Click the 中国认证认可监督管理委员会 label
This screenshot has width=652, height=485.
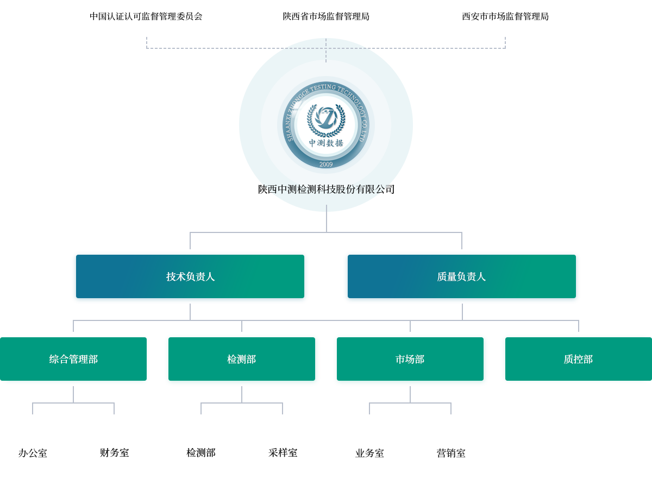[x=146, y=16]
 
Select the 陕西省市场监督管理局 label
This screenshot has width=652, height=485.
[x=326, y=16]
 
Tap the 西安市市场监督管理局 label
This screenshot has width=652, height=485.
[x=505, y=16]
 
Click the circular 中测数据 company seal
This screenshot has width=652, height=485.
[x=326, y=125]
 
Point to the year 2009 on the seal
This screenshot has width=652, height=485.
[x=326, y=164]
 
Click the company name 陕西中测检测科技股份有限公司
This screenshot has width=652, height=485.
[x=326, y=189]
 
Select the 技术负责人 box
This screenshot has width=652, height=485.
[x=190, y=277]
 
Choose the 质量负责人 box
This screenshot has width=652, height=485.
[x=462, y=277]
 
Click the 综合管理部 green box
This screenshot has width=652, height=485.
[x=74, y=360]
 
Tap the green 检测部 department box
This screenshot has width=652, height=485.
[x=242, y=360]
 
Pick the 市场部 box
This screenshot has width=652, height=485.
[x=410, y=360]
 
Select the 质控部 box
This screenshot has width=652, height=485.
[x=578, y=359]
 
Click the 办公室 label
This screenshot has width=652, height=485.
[x=33, y=453]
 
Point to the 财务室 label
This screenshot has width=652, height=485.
[x=114, y=452]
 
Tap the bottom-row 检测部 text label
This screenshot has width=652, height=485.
[x=201, y=452]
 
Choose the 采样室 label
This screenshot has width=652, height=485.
[x=283, y=452]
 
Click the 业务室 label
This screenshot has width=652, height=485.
[x=369, y=453]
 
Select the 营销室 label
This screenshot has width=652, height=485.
[x=451, y=453]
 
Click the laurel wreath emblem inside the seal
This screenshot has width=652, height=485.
[x=326, y=119]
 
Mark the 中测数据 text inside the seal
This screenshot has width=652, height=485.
[x=326, y=143]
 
